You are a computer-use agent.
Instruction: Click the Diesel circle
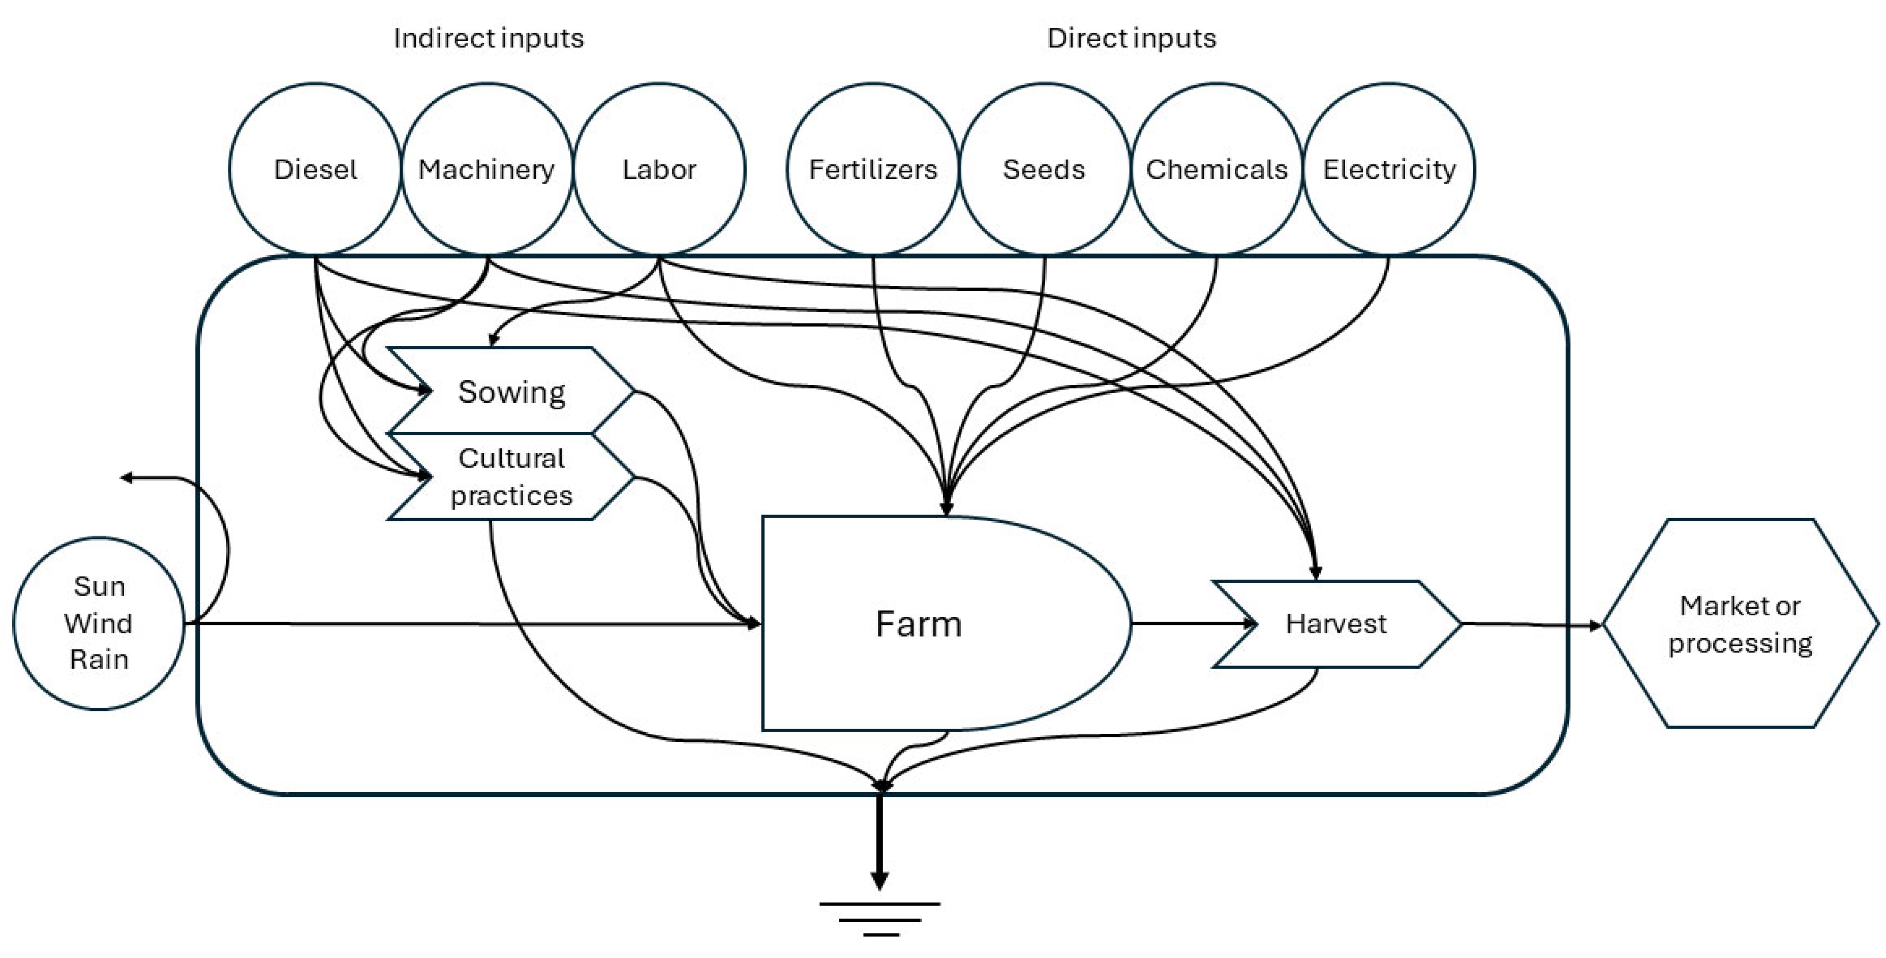click(315, 169)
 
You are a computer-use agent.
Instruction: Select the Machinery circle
click(487, 169)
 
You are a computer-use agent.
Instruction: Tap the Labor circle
click(659, 169)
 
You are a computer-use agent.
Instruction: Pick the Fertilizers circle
click(873, 169)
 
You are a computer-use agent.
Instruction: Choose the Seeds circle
click(1044, 169)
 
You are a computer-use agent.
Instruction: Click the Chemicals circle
click(1216, 169)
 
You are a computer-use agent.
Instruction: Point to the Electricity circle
click(1389, 169)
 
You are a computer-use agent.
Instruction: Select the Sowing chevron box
click(511, 391)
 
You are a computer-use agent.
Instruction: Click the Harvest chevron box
click(1336, 624)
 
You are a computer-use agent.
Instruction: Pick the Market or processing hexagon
click(1740, 624)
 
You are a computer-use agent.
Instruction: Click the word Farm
click(919, 624)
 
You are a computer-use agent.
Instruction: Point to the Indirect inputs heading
click(489, 38)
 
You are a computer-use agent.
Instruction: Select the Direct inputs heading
click(1131, 38)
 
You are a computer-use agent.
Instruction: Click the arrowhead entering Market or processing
click(1595, 625)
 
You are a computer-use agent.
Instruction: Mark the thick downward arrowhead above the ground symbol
click(879, 879)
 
